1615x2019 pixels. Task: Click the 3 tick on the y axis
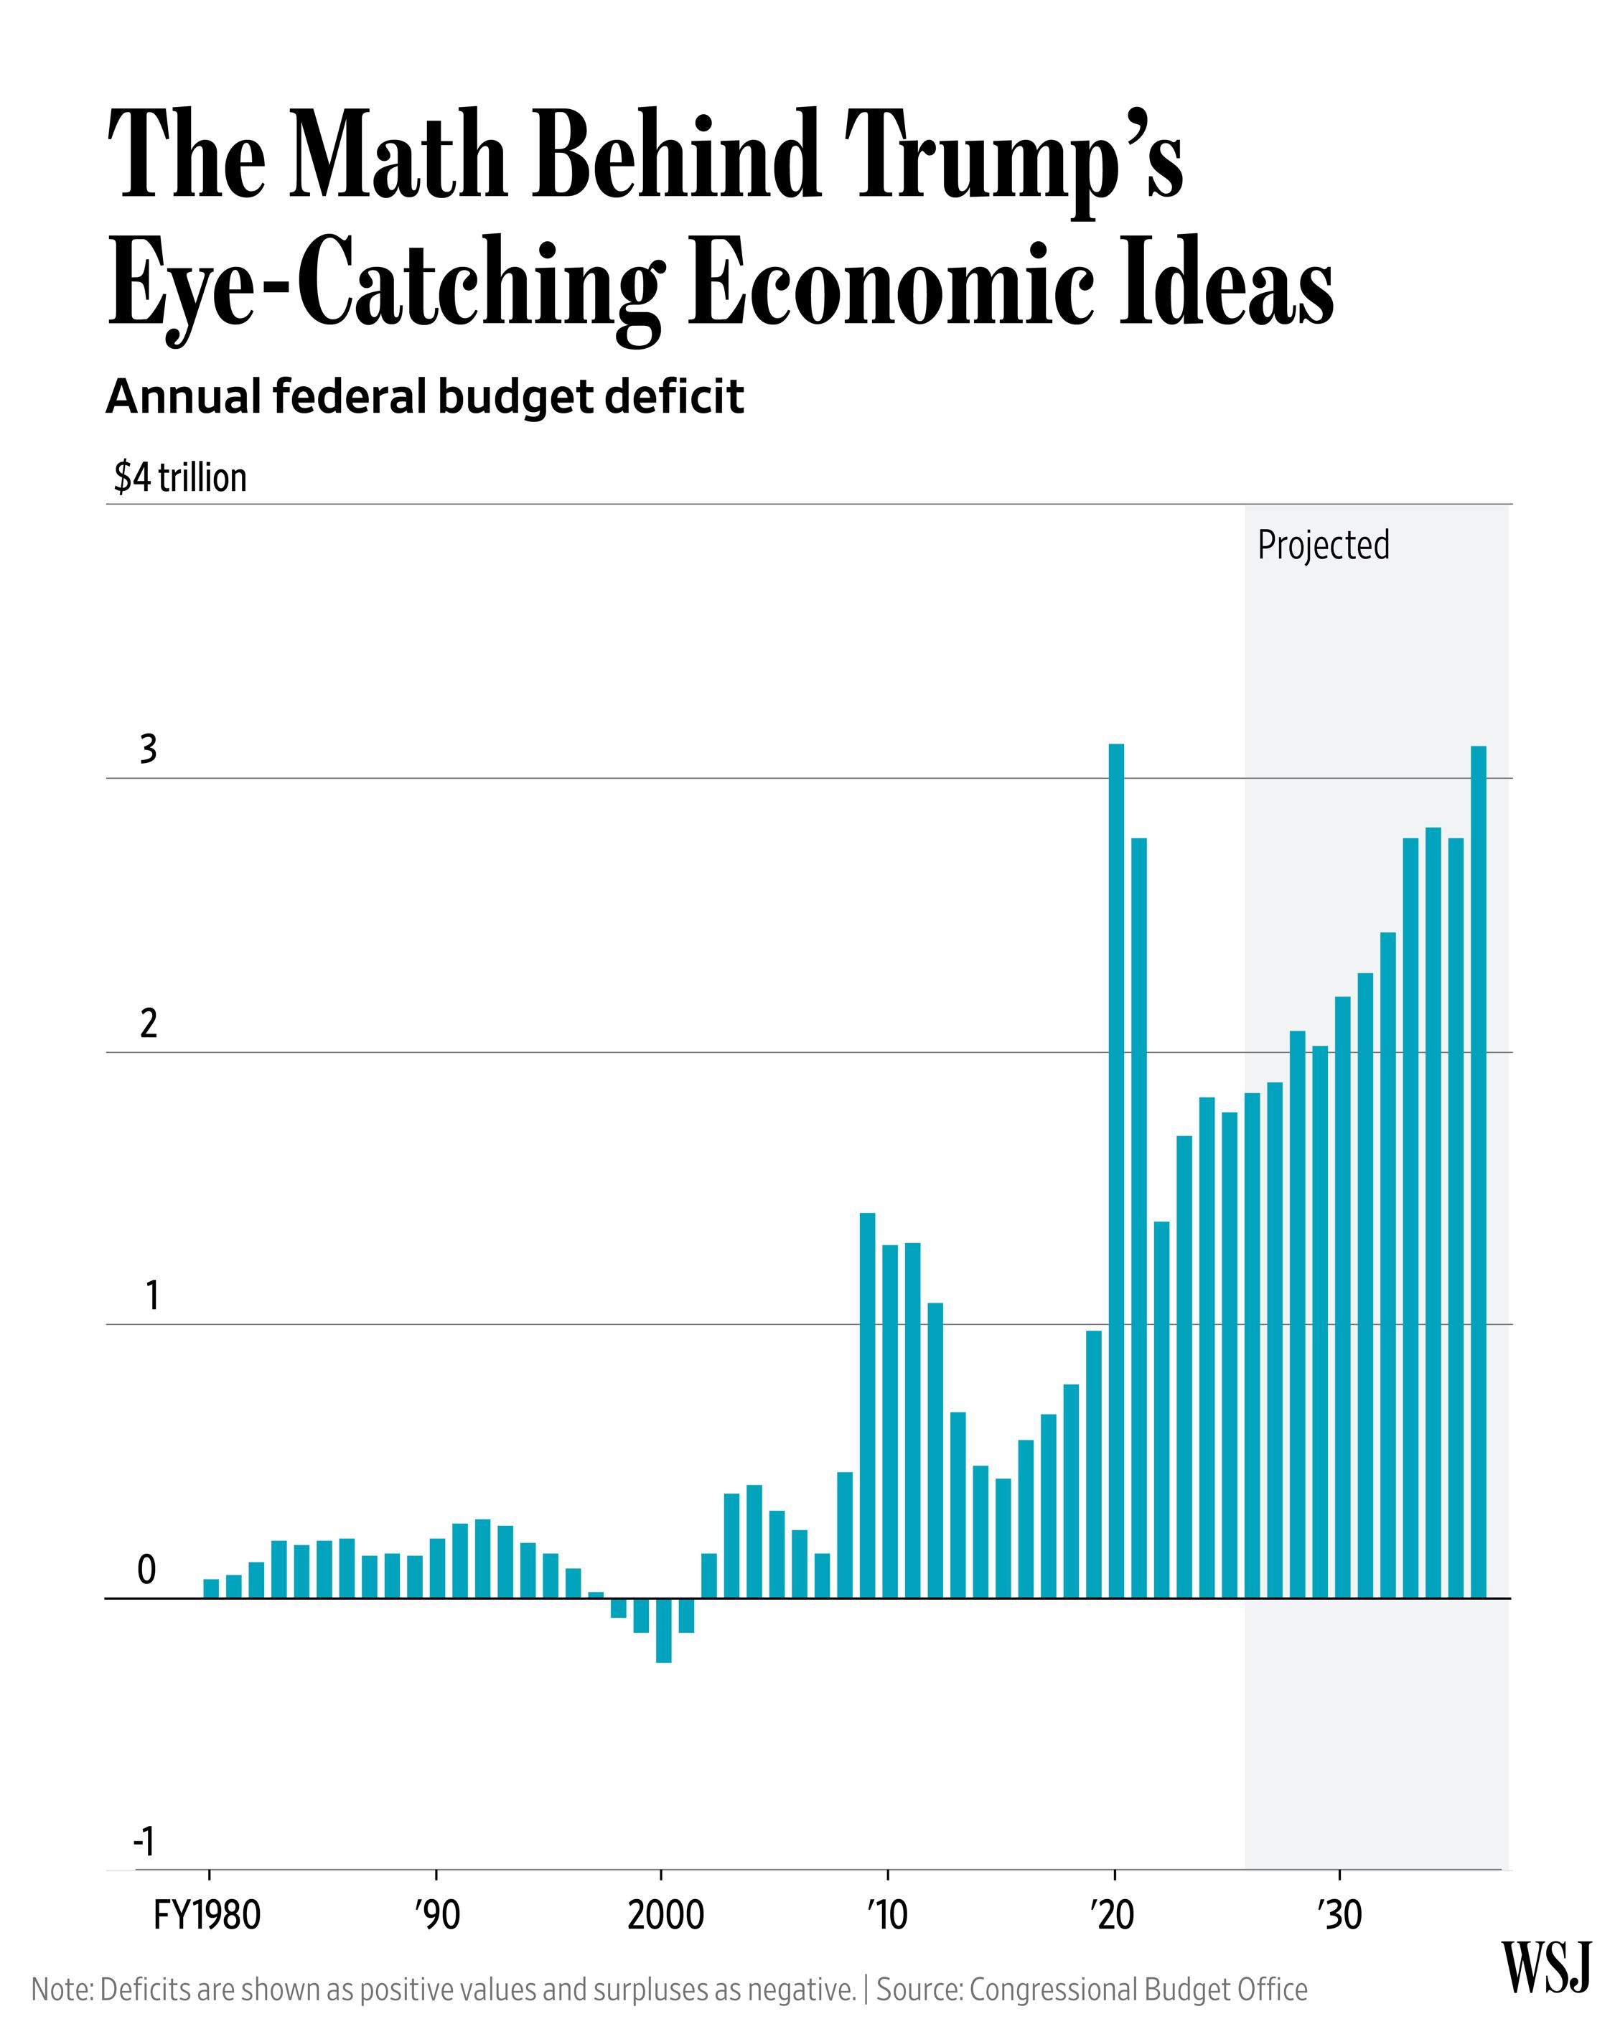click(148, 749)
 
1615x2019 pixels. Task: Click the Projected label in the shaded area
click(1323, 545)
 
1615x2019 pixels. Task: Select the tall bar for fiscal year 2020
click(1115, 1171)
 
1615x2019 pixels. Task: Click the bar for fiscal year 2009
click(868, 1405)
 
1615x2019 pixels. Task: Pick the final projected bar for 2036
click(1478, 1171)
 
